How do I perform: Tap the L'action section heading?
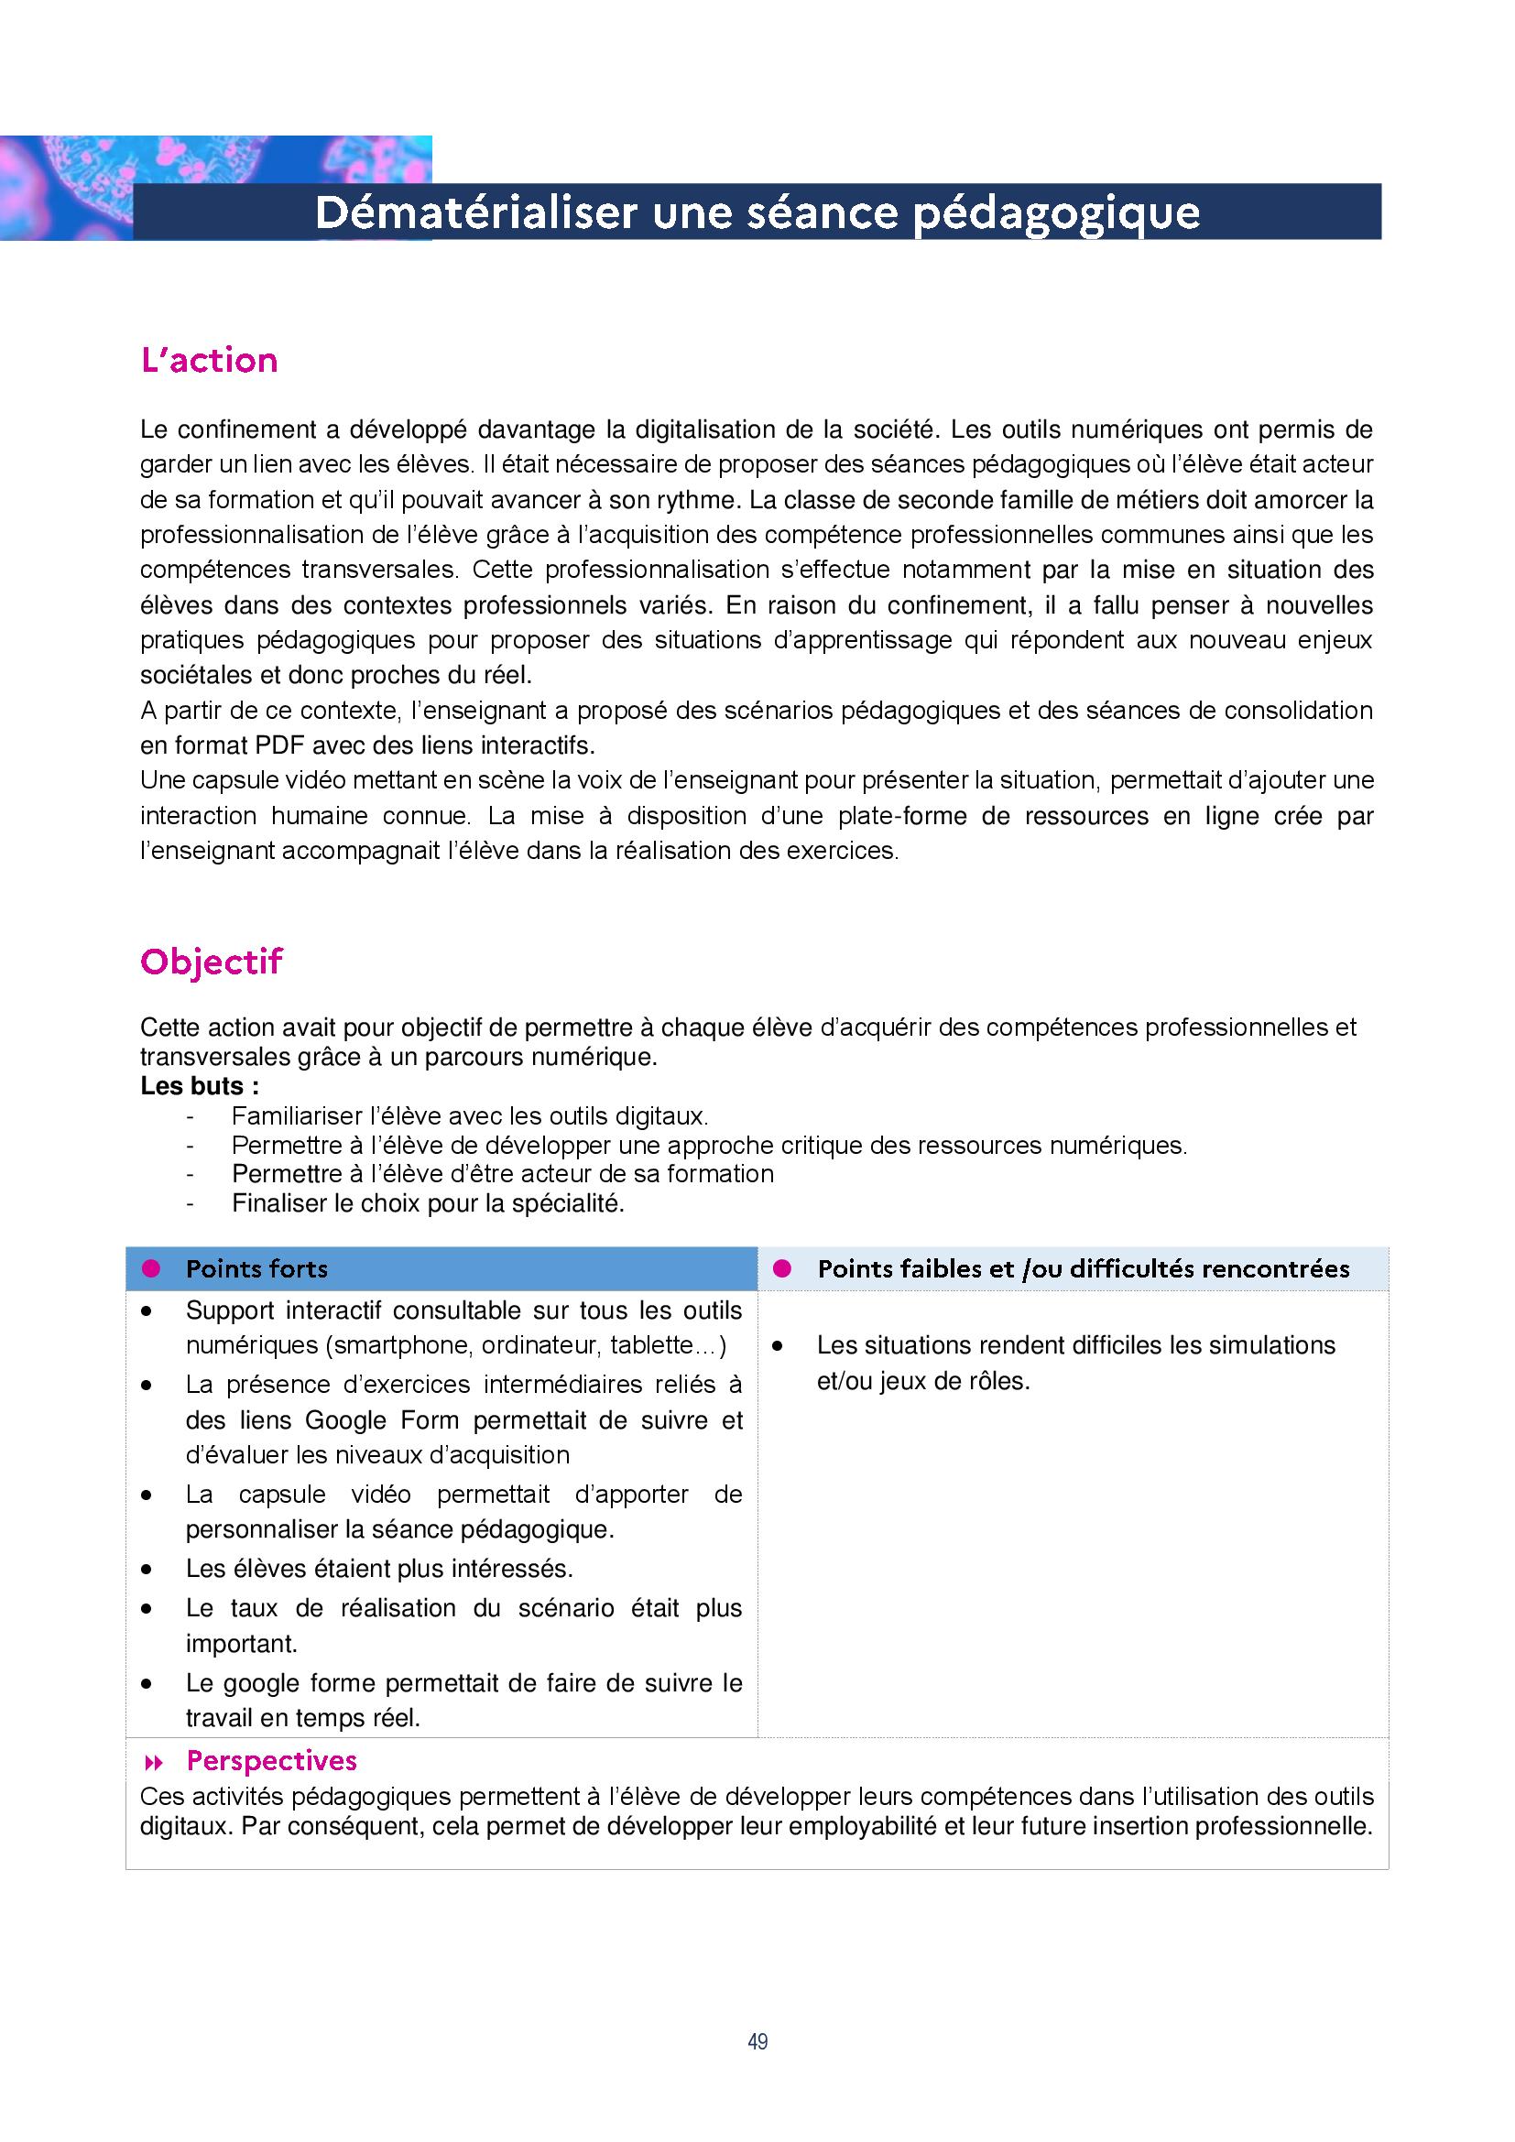pos(209,360)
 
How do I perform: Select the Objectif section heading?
pos(211,961)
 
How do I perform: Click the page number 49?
pos(757,2041)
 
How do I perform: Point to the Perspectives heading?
pos(271,1760)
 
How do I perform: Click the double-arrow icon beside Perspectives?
pos(154,1762)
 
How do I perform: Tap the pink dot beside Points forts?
pos(151,1268)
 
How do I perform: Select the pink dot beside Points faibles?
pos(782,1268)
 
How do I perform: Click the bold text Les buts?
pos(199,1086)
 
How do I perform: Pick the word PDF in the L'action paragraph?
pos(280,745)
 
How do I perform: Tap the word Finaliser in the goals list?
pos(277,1203)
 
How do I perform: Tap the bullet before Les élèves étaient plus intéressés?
pos(147,1571)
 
